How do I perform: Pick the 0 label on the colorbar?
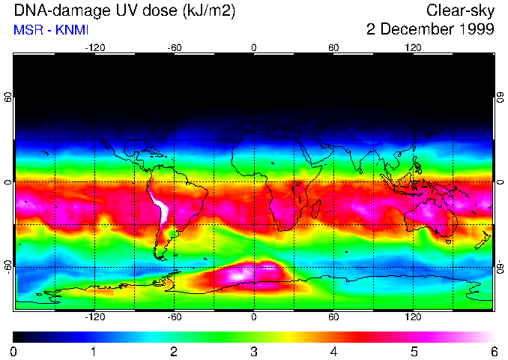tap(14, 351)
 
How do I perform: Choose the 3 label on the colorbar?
tap(254, 351)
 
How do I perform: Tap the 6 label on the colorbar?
tap(493, 351)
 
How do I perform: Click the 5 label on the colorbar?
tap(414, 351)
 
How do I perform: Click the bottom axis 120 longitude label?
tap(413, 317)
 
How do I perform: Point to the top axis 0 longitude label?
tap(254, 47)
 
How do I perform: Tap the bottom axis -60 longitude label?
tap(174, 317)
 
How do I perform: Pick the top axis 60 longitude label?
tap(333, 47)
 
